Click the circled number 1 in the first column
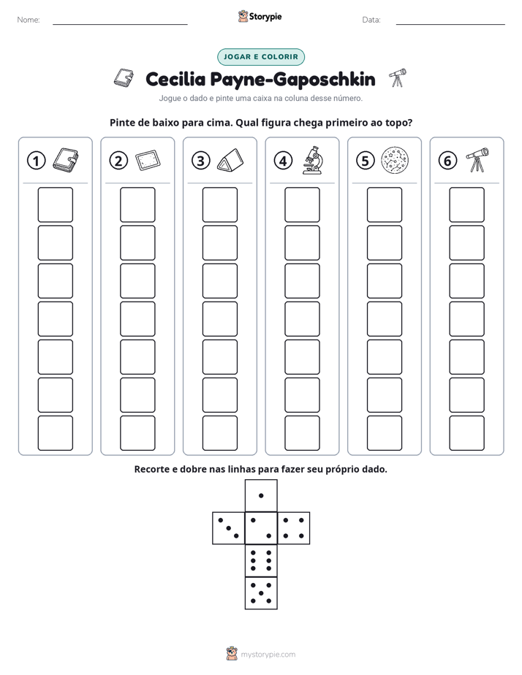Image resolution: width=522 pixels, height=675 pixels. click(36, 161)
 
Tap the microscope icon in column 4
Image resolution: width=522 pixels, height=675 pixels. click(312, 160)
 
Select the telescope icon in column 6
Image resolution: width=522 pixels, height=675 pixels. click(477, 160)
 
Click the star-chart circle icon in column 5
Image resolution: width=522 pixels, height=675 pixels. click(395, 160)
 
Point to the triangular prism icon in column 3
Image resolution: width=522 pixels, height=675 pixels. click(230, 161)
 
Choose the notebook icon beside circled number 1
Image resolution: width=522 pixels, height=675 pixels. click(66, 161)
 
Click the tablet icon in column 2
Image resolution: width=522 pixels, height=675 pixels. click(148, 161)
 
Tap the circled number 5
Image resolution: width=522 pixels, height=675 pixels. click(366, 161)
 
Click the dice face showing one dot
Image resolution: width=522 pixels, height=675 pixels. click(261, 495)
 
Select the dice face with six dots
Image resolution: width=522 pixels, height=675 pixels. click(261, 560)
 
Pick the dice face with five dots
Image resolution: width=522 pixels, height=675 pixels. click(261, 593)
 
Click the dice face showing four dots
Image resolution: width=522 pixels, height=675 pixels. click(294, 528)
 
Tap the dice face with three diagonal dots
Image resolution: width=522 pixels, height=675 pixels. click(228, 528)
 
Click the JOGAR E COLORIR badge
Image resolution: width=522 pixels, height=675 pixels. click(261, 57)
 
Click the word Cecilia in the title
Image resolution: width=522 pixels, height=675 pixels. click(175, 79)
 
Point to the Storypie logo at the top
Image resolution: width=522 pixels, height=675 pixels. click(260, 17)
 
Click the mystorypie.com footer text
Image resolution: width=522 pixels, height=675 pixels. click(268, 655)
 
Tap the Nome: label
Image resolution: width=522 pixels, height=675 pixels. click(29, 20)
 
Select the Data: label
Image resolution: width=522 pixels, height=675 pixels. click(371, 20)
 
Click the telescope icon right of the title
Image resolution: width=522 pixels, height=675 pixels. click(398, 78)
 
